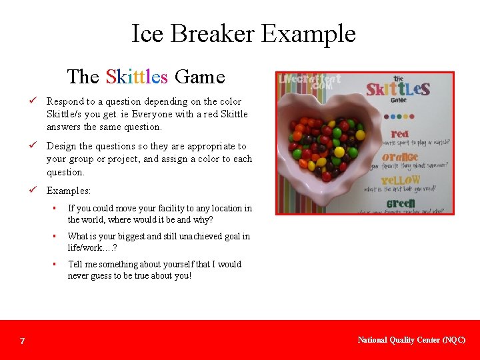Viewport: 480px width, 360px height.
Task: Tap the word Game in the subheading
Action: (199, 77)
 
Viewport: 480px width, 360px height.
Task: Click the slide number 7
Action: (23, 341)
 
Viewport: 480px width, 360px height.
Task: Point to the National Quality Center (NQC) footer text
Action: (411, 340)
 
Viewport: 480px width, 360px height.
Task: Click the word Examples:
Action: (69, 191)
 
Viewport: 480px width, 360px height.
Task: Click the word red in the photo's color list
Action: (400, 135)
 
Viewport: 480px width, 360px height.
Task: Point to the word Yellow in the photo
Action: (400, 180)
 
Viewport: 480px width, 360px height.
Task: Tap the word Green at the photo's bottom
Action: (400, 203)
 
